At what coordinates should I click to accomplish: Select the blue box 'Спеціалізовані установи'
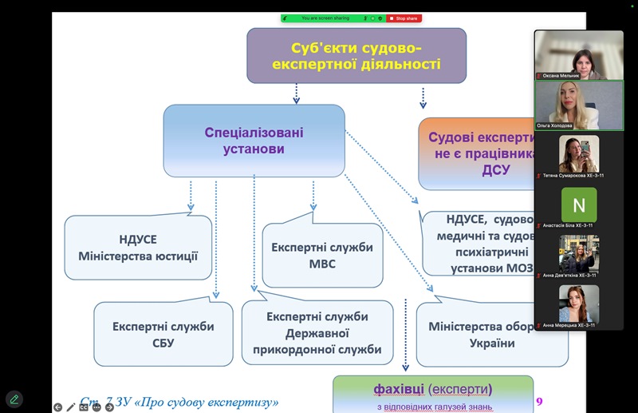point(254,141)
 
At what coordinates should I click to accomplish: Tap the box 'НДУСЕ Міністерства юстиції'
point(138,248)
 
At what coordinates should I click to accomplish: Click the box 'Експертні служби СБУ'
point(163,335)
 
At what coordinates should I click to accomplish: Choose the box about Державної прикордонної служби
point(317,333)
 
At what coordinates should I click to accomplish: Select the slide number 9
point(538,401)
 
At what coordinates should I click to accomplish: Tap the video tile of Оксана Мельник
point(578,55)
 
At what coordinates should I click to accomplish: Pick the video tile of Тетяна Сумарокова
point(578,155)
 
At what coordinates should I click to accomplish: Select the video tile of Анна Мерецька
point(578,305)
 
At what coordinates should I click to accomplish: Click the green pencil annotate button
point(14,399)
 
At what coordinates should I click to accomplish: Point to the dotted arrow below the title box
point(297,94)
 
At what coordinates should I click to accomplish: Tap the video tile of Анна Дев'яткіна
point(578,255)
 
